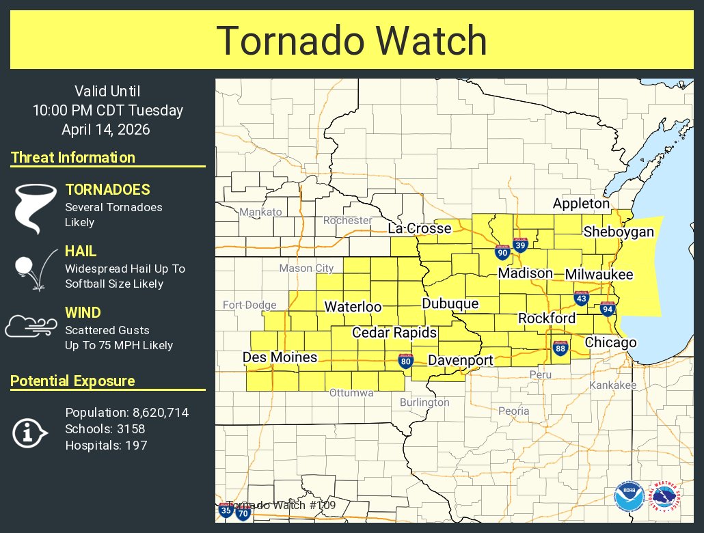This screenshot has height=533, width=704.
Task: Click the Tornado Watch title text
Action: coord(351,40)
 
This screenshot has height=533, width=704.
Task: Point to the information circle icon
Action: coord(29,432)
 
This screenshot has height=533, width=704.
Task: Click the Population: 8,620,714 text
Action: coord(126,413)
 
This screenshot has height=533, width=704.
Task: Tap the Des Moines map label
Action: coord(280,357)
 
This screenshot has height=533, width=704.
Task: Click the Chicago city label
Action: coord(610,343)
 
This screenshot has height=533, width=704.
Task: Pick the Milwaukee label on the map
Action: coord(599,275)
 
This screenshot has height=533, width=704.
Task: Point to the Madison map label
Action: coord(525,273)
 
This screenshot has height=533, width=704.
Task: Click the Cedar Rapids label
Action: coord(394,333)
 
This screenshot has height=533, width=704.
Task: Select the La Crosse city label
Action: coord(420,228)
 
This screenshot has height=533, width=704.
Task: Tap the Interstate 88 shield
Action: coord(560,348)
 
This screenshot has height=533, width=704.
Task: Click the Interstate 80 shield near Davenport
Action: coord(406,360)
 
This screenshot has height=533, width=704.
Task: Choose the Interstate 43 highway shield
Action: coord(582,298)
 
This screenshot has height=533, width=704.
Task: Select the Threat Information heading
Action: coord(73,158)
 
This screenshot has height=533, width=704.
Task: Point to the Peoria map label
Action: coord(513,411)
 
